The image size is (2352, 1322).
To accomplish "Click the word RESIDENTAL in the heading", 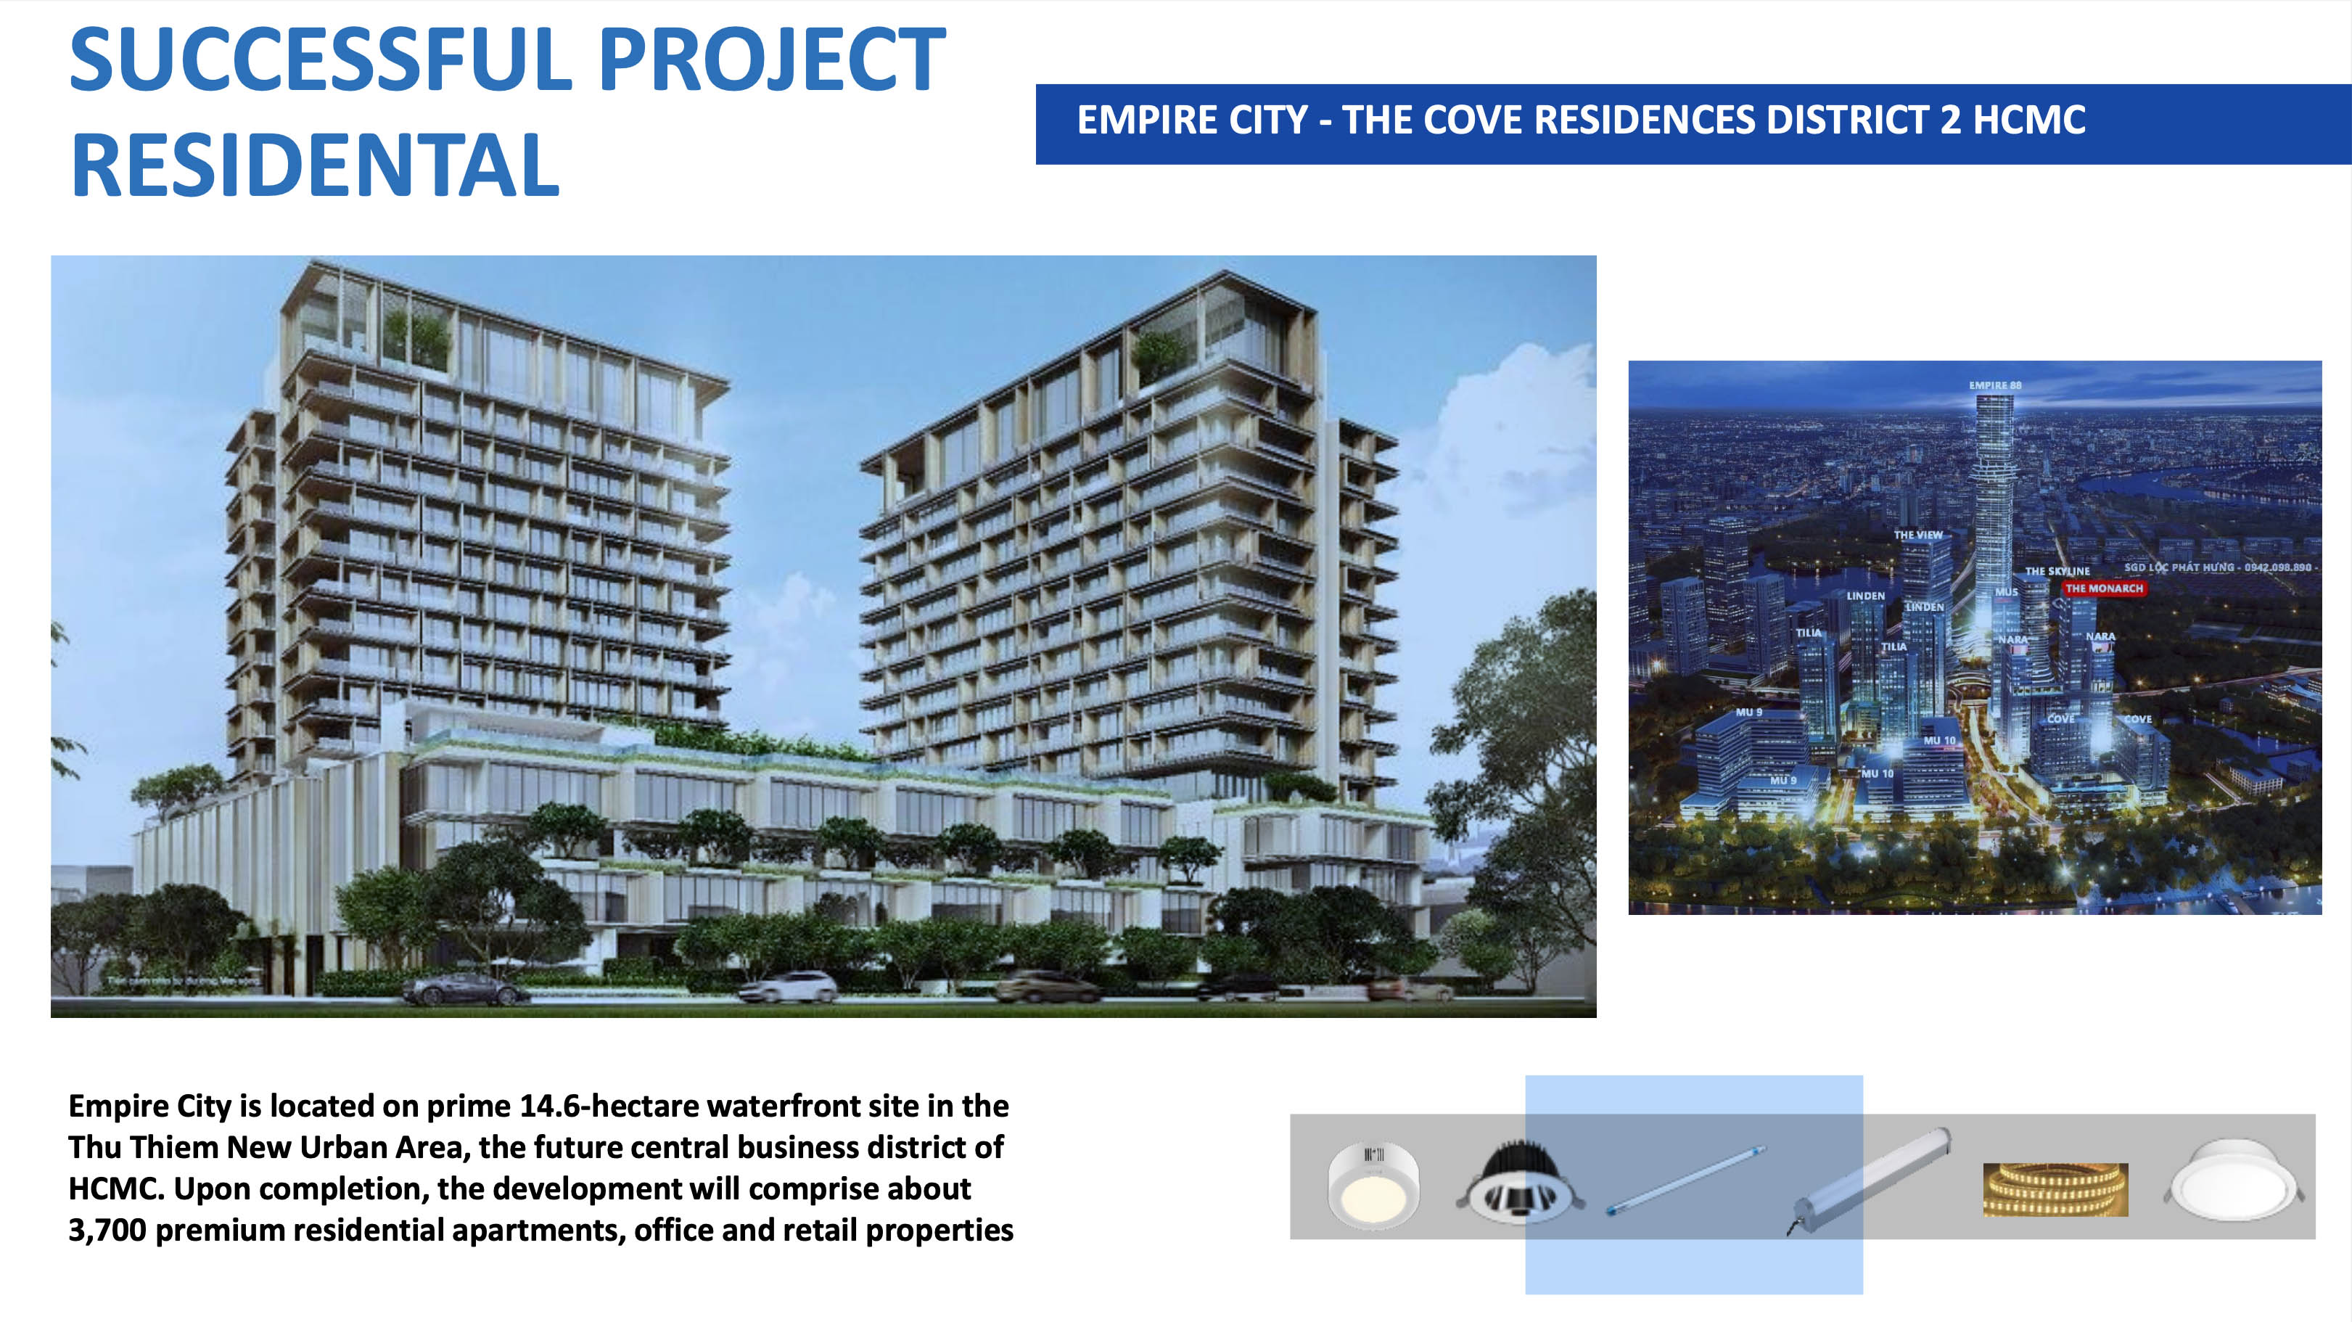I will (315, 166).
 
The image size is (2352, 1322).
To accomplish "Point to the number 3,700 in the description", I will (107, 1231).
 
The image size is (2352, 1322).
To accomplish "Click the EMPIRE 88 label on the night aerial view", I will (1995, 385).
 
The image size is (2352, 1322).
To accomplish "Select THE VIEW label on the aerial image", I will (1917, 535).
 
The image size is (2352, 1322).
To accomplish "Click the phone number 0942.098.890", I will (2277, 567).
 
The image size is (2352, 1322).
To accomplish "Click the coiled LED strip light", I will (2055, 1190).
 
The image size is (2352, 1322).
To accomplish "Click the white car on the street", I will (787, 986).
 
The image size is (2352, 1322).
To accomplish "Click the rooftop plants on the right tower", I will (1159, 354).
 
